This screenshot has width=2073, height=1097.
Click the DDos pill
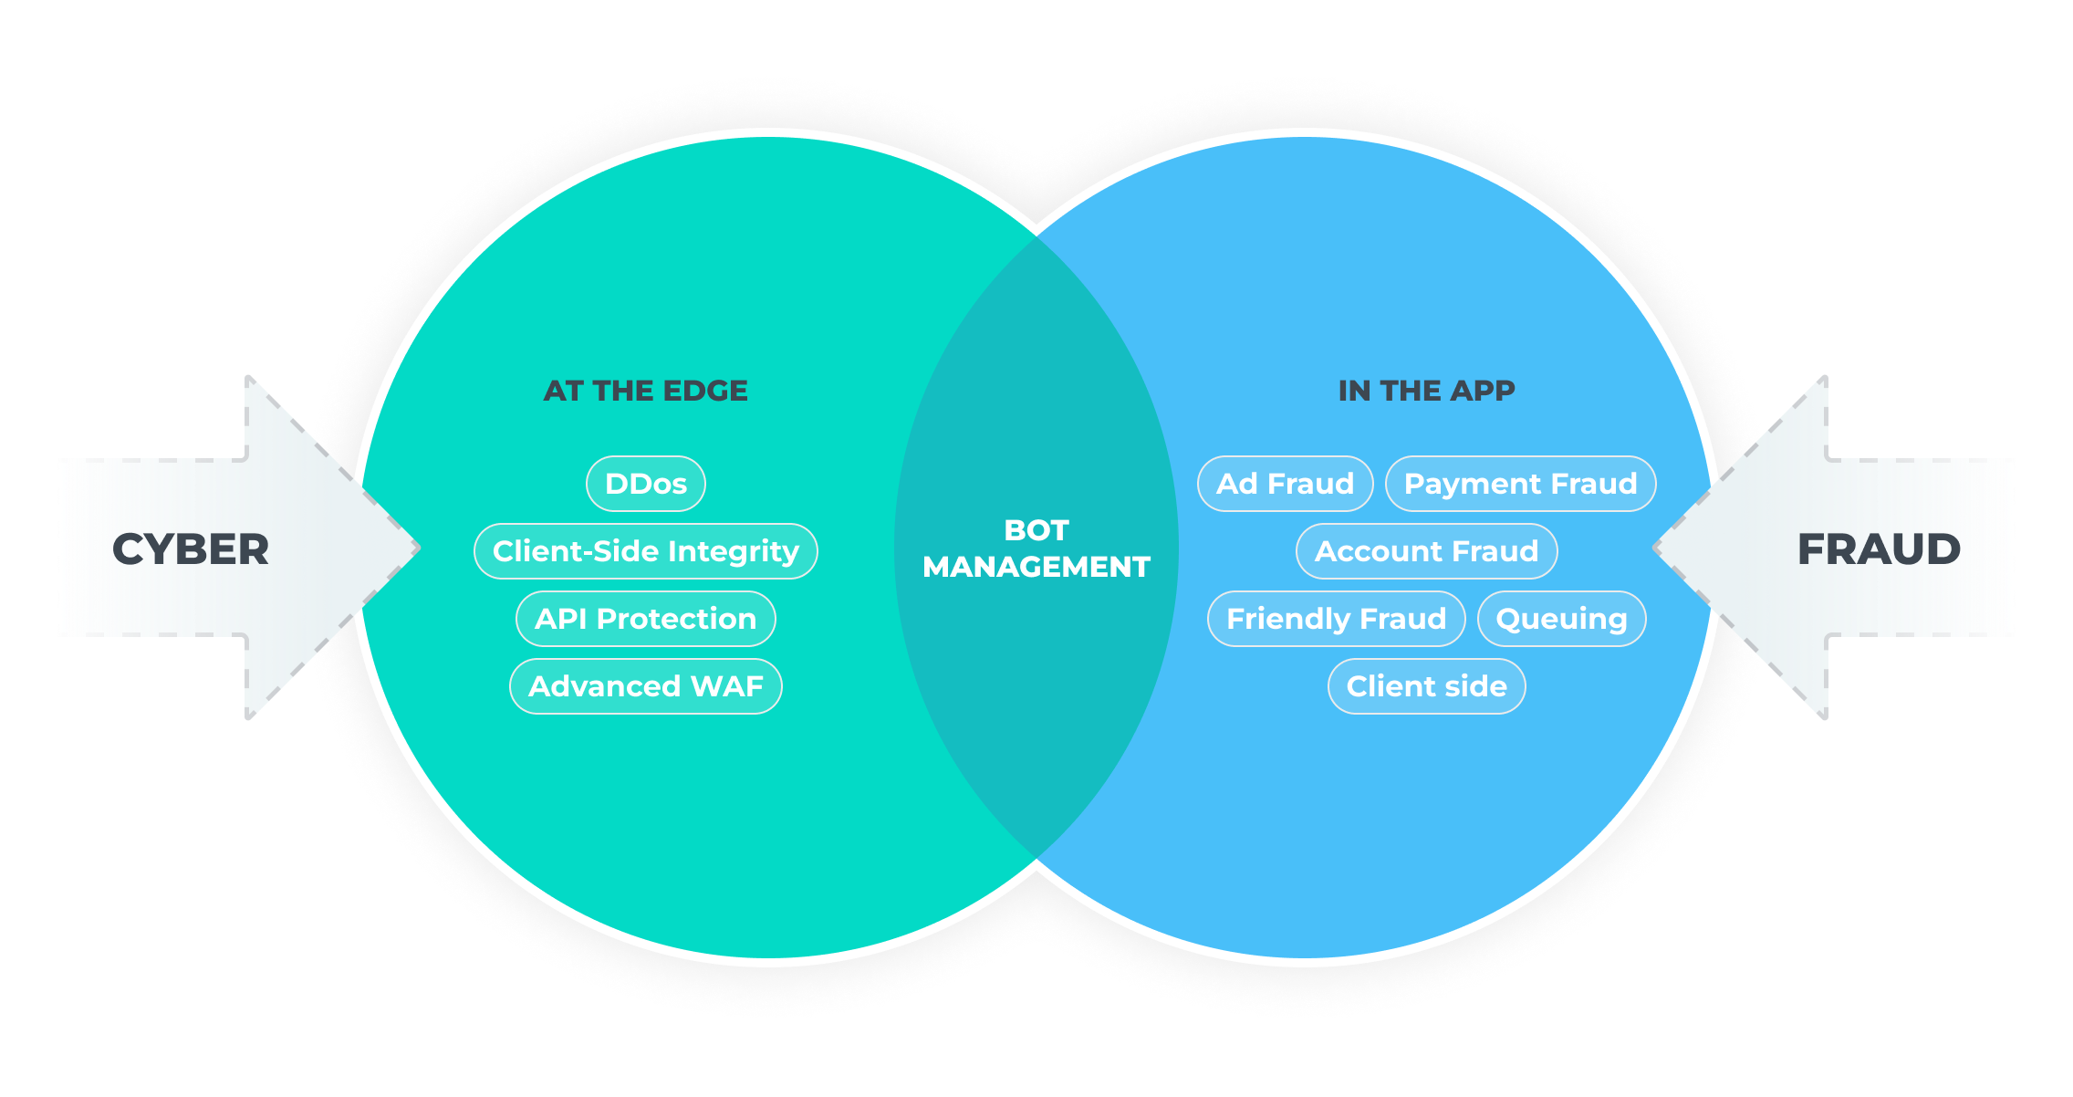[x=645, y=484]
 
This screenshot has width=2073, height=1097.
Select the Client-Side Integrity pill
[x=645, y=551]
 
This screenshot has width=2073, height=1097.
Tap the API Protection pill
[x=645, y=619]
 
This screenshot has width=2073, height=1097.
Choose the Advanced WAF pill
[x=645, y=686]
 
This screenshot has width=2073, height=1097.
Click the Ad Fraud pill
[x=1285, y=484]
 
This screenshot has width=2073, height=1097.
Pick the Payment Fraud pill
[x=1520, y=484]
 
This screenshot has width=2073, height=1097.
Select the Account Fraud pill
[x=1426, y=551]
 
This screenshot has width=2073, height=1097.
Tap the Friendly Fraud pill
[x=1336, y=619]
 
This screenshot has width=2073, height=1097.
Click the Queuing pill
[x=1561, y=619]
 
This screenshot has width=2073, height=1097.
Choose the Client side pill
[x=1426, y=686]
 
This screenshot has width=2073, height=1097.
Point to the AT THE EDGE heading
[x=645, y=391]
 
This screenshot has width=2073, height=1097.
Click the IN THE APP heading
[x=1426, y=391]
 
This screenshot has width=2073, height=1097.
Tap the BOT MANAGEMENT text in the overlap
[x=1036, y=548]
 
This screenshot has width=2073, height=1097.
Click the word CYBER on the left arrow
[x=190, y=549]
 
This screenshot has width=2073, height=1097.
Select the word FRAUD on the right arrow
[x=1879, y=549]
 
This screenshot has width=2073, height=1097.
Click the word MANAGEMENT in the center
[x=1036, y=567]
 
